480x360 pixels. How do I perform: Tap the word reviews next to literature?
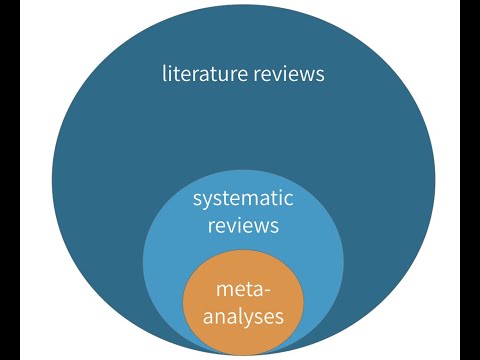click(x=290, y=74)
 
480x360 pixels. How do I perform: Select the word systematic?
click(x=243, y=198)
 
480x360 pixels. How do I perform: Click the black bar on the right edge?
click(x=469, y=180)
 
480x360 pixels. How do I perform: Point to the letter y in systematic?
click(x=207, y=201)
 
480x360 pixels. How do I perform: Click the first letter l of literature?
click(x=164, y=73)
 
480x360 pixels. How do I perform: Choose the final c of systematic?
click(x=289, y=199)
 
